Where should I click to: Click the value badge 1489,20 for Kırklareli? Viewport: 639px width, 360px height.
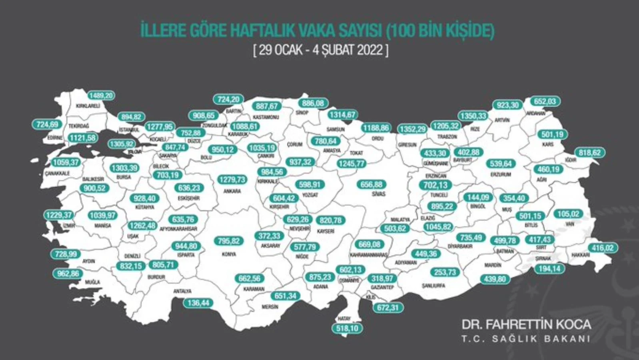coord(101,96)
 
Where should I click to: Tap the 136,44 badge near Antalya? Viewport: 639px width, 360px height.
coord(198,303)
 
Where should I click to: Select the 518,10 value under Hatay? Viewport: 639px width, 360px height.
coord(347,328)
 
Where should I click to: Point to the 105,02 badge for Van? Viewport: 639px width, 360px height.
coord(568,214)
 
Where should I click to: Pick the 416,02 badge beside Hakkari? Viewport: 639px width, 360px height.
coord(603,248)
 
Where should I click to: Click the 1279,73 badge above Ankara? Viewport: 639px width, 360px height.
coord(232,180)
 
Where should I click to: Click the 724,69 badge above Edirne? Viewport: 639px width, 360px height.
coord(47,124)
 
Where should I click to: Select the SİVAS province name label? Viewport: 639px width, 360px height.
coord(378,194)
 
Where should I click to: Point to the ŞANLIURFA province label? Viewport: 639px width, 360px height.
coord(433,286)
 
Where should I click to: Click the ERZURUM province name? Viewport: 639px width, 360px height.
coord(501,174)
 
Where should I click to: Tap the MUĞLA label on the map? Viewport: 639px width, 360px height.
coord(92,282)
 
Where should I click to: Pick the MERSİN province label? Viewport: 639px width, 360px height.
coord(270,307)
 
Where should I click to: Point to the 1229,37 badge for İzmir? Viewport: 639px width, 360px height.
coord(59,215)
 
